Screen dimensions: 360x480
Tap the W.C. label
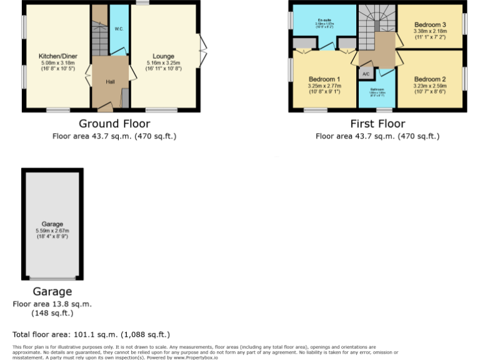click(118, 29)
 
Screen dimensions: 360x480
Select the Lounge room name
click(163, 56)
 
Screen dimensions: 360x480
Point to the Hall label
click(110, 82)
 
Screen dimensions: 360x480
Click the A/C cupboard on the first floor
click(366, 74)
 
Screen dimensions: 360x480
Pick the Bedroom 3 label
click(430, 24)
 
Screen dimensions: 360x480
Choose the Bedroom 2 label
click(430, 79)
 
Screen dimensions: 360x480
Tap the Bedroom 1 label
click(324, 79)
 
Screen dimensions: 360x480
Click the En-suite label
click(324, 20)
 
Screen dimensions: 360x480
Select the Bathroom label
click(377, 89)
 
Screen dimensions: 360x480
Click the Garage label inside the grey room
click(52, 224)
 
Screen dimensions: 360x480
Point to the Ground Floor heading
click(114, 124)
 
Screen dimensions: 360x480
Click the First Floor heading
click(377, 124)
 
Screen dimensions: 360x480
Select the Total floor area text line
click(91, 334)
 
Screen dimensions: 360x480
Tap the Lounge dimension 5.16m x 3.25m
click(163, 63)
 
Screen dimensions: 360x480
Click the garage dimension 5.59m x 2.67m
click(52, 231)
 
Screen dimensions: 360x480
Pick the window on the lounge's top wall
click(143, 3)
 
